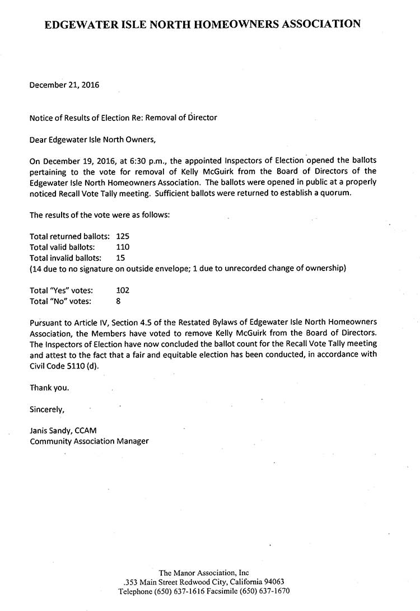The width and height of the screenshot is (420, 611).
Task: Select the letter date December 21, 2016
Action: click(x=64, y=85)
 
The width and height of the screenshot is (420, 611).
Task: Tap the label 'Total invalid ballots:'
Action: click(x=66, y=258)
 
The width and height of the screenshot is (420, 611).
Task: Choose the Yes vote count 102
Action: click(x=122, y=290)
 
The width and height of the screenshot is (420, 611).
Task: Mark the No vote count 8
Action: click(x=118, y=301)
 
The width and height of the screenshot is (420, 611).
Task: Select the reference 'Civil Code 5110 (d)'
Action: click(x=64, y=366)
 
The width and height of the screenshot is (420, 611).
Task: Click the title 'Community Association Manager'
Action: click(x=89, y=441)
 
